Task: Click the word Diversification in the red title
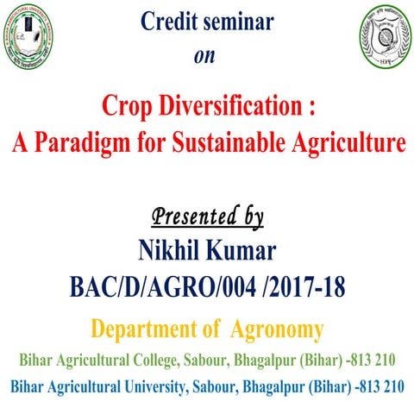226,108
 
